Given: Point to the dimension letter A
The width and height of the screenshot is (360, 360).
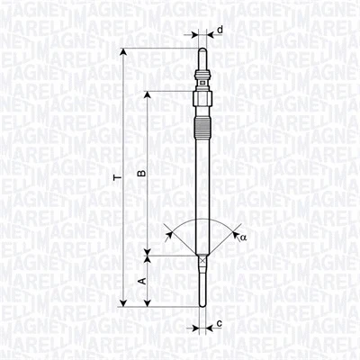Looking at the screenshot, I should (140, 281).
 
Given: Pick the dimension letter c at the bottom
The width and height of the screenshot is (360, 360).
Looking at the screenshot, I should (220, 322).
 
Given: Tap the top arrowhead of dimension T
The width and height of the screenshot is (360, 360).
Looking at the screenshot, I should (123, 55).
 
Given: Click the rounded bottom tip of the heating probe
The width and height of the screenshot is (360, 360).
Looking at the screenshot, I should (202, 302).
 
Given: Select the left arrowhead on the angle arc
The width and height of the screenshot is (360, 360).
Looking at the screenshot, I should (171, 234).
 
